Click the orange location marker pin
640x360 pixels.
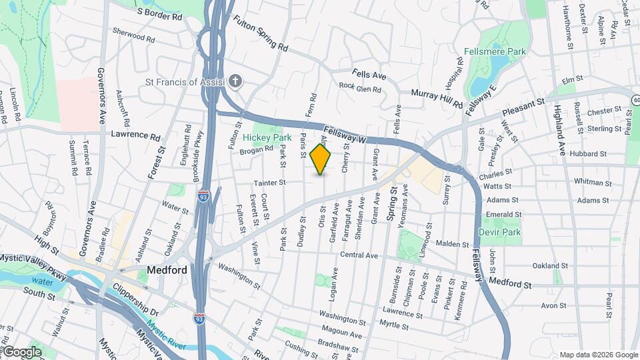click(x=321, y=159)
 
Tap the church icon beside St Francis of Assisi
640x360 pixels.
click(x=234, y=82)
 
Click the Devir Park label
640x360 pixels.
click(x=499, y=232)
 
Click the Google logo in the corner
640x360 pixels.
click(x=21, y=351)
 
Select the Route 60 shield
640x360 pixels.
click(x=636, y=99)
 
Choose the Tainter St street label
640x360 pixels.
click(x=269, y=182)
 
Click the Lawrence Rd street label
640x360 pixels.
click(x=136, y=135)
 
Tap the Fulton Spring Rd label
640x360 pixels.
click(x=260, y=34)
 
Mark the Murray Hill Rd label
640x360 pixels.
click(x=436, y=99)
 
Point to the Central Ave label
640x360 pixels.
click(x=359, y=255)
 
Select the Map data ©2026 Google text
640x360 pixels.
click(x=598, y=354)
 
